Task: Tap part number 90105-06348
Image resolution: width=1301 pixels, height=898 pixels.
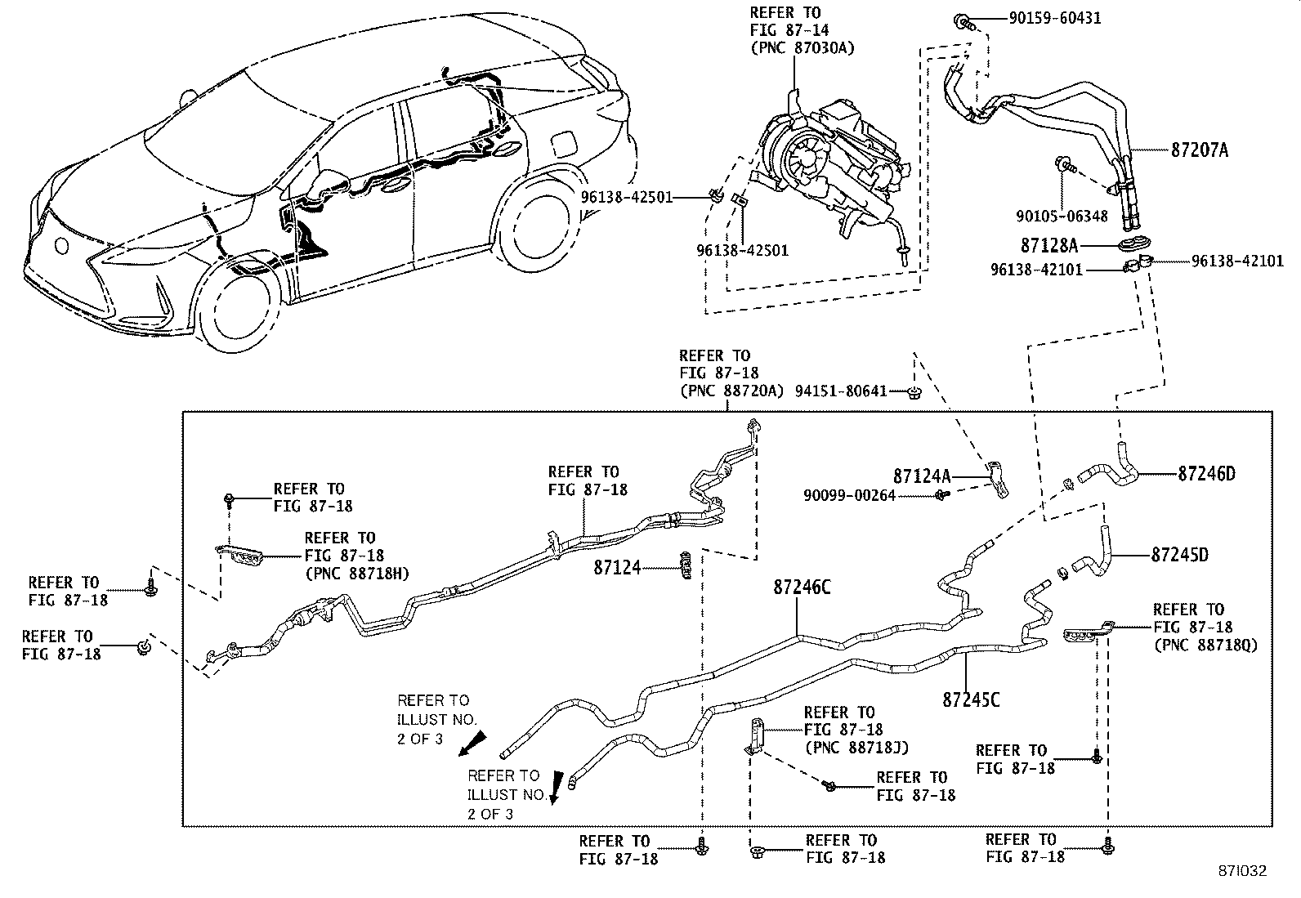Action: [1062, 217]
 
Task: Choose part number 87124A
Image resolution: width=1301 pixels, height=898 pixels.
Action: [922, 476]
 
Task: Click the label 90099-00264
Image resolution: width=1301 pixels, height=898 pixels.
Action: [849, 495]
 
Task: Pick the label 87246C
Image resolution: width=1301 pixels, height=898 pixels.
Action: [803, 587]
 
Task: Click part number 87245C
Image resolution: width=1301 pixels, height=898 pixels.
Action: [971, 700]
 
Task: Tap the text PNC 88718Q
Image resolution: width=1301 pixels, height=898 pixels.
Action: [1205, 645]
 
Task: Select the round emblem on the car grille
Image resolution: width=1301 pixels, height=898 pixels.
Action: [62, 245]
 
